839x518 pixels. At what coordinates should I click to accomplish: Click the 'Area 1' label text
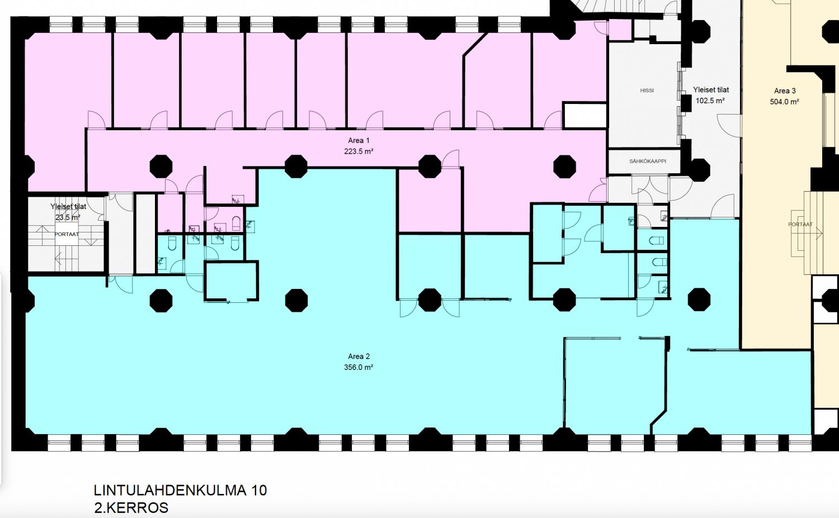(359, 140)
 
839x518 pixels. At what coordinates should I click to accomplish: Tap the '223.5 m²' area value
(359, 151)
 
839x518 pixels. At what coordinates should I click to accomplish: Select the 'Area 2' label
(359, 357)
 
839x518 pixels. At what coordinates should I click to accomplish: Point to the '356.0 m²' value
(359, 367)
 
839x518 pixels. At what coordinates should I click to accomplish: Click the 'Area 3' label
(785, 91)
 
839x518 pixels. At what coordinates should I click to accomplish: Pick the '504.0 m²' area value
(785, 102)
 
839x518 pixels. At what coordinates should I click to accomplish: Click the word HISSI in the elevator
(647, 90)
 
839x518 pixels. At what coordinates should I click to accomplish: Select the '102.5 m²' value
(710, 101)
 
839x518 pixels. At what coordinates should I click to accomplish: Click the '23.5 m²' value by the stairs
(68, 217)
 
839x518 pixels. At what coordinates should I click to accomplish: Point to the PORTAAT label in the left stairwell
(67, 234)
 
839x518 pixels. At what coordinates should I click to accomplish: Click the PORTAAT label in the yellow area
(800, 224)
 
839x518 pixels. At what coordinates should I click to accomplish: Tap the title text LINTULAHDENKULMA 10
(180, 490)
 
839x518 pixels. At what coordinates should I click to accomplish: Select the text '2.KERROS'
(131, 508)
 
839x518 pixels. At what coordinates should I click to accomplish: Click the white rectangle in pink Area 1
(585, 115)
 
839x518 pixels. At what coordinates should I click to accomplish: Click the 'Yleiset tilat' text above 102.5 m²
(711, 90)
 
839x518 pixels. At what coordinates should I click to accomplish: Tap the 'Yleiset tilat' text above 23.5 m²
(68, 206)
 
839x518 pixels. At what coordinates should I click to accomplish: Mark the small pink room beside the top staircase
(620, 30)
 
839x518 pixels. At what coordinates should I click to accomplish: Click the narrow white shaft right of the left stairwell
(145, 234)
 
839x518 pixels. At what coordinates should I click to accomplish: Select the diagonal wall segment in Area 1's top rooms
(475, 45)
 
